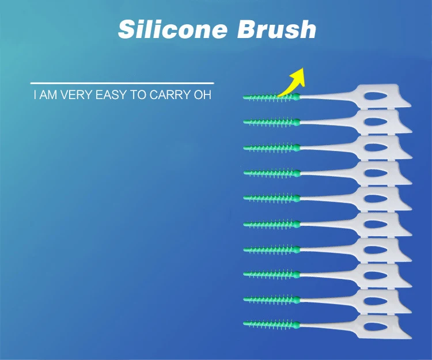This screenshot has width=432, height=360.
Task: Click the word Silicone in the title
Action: click(173, 29)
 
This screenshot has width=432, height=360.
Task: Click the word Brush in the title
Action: click(276, 29)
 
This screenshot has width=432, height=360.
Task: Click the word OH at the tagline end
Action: click(203, 94)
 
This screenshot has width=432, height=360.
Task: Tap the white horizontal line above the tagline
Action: click(122, 82)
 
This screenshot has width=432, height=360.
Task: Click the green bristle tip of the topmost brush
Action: click(244, 97)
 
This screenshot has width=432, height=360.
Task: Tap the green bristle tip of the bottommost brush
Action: click(244, 324)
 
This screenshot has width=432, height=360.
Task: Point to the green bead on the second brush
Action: click(297, 122)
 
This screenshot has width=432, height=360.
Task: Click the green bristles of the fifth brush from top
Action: click(268, 198)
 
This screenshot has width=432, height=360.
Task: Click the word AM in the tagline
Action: click(48, 94)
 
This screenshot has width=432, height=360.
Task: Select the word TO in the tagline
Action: click(138, 94)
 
